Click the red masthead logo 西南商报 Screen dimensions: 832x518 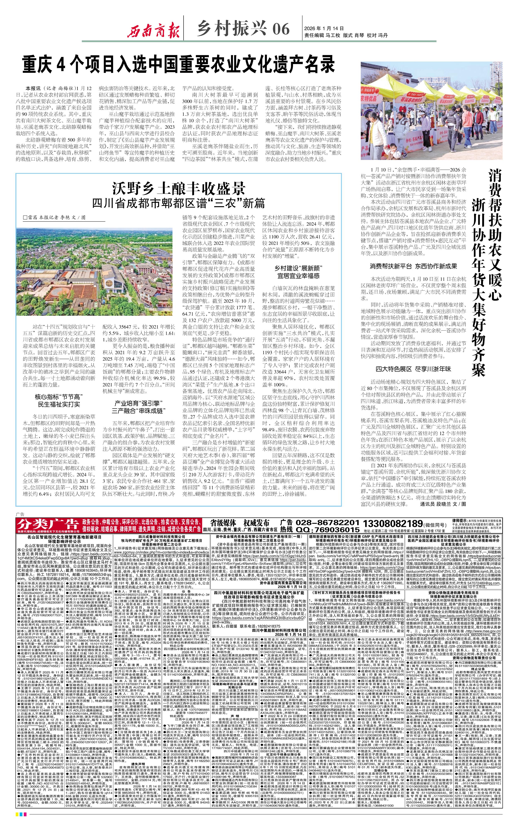coord(153,32)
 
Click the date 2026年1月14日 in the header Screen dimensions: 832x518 coord(323,28)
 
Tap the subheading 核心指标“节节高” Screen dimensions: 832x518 coord(57,397)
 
